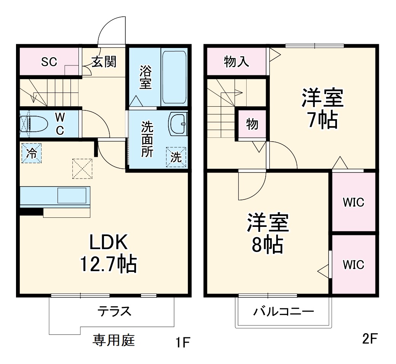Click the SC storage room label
(x=49, y=62)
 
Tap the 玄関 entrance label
(x=104, y=61)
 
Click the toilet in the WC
(x=34, y=124)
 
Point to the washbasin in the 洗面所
(x=178, y=124)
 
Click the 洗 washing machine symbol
(x=176, y=157)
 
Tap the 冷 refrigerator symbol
(x=32, y=153)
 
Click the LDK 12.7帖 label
(x=108, y=252)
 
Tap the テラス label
(x=114, y=311)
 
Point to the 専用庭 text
(x=114, y=339)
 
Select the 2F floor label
(x=369, y=338)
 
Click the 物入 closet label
(x=237, y=62)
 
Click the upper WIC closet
(x=353, y=202)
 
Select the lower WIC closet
(x=353, y=264)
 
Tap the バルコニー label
(x=284, y=312)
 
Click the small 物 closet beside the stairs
(x=252, y=124)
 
